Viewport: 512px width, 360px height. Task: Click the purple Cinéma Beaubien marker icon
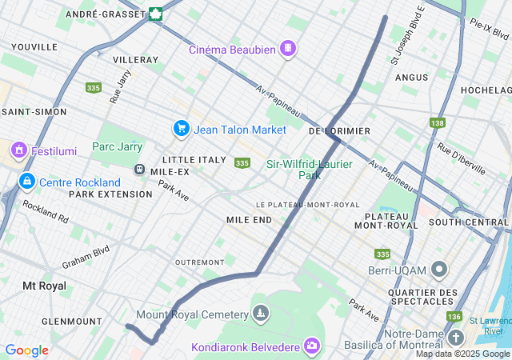click(x=287, y=49)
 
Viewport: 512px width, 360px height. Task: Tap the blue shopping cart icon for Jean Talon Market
click(x=181, y=129)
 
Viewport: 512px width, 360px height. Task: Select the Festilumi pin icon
click(x=18, y=150)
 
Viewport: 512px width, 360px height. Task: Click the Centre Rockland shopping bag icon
click(x=27, y=182)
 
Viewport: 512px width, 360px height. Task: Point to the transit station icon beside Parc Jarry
click(x=139, y=170)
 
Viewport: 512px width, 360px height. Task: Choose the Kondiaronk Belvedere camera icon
click(x=311, y=346)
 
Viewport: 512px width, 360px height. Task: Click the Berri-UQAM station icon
click(x=438, y=269)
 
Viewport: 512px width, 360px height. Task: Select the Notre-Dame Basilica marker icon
click(x=455, y=337)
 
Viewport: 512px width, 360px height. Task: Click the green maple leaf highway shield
click(x=155, y=14)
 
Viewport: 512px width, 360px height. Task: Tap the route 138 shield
click(x=437, y=122)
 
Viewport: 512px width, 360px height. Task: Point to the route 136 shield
click(x=454, y=316)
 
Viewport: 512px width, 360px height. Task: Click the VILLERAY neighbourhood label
click(x=135, y=60)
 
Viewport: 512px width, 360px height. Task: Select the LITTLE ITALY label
click(x=194, y=159)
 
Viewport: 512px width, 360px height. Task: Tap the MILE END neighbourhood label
click(x=249, y=219)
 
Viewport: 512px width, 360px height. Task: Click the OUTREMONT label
click(x=200, y=262)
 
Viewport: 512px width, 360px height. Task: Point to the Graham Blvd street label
click(x=85, y=258)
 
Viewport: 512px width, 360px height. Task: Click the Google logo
click(x=26, y=350)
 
